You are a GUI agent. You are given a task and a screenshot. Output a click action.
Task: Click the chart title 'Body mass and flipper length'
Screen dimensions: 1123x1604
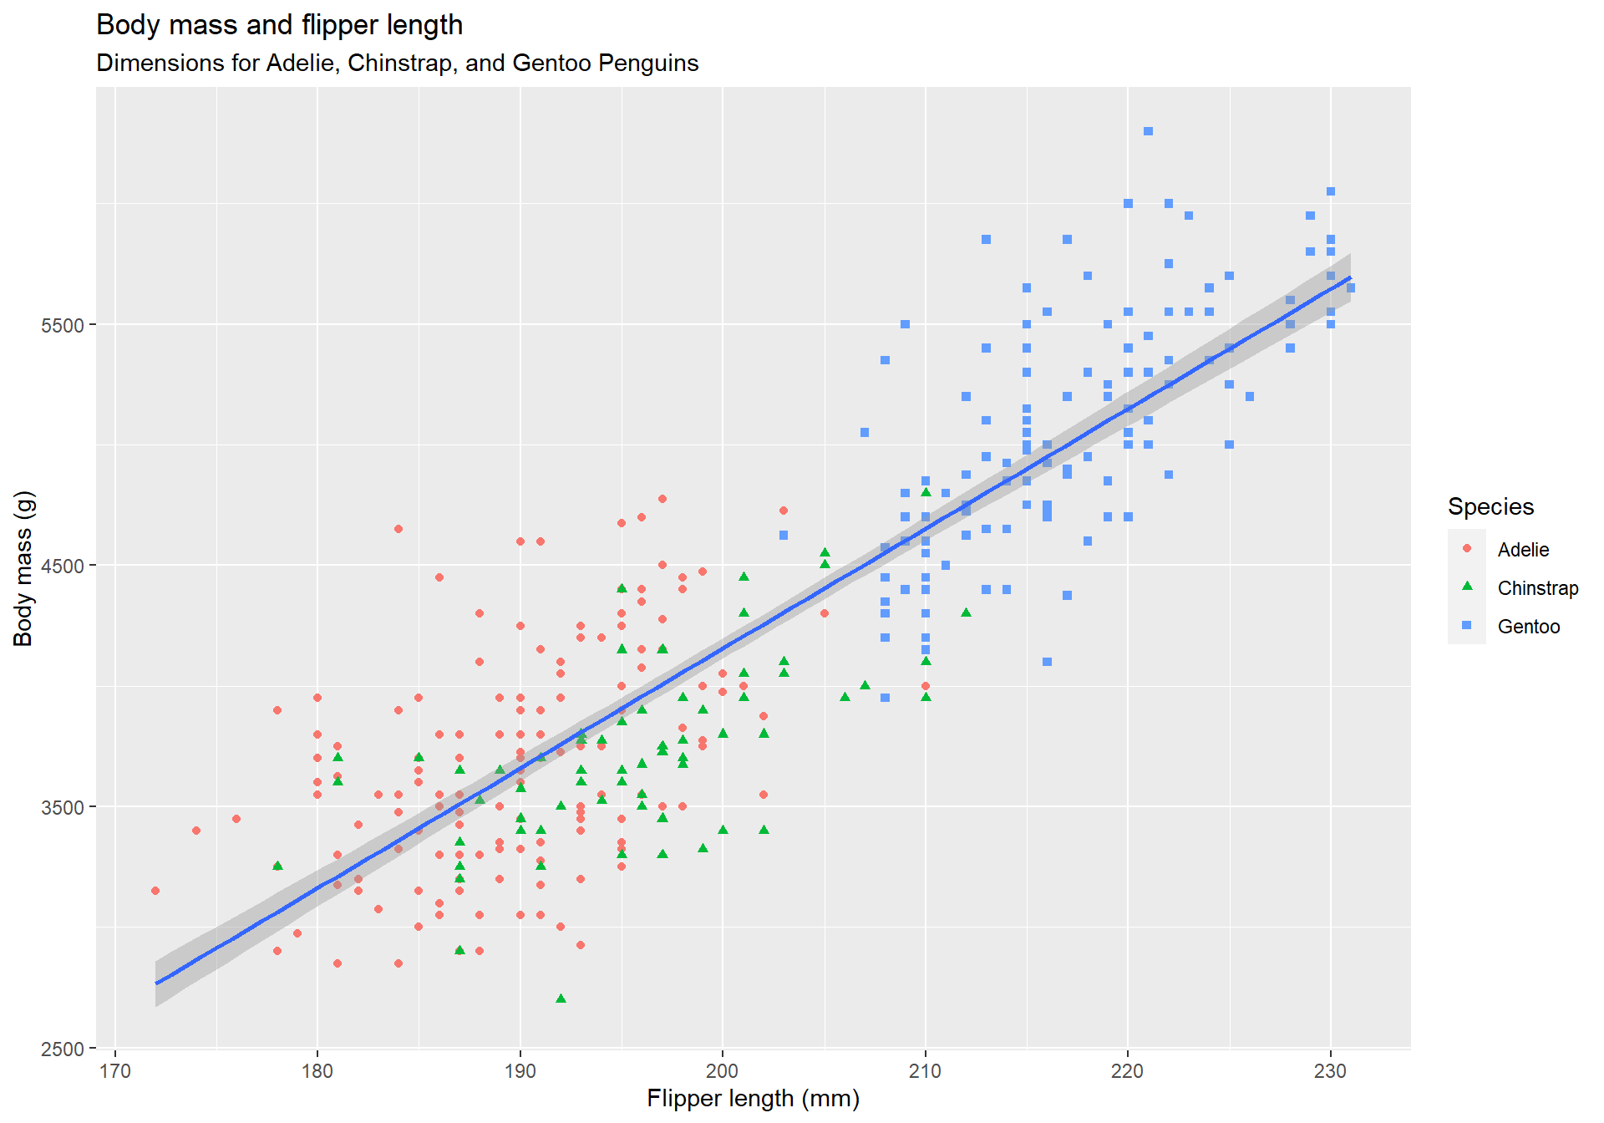279,25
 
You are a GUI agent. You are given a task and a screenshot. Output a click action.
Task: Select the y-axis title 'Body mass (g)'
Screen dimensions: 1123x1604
23,568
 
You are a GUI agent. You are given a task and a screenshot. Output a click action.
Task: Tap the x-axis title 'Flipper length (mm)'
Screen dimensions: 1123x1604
753,1098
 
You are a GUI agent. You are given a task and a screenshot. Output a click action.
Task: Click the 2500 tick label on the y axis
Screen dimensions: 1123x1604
63,1049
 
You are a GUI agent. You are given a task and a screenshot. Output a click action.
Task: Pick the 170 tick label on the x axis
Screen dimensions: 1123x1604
115,1071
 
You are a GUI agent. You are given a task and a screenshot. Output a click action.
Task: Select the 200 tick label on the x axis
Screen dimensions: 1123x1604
723,1071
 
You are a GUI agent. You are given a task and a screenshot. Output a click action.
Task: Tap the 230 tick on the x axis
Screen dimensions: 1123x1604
1330,1071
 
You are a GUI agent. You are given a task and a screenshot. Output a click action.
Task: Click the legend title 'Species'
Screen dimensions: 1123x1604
1490,506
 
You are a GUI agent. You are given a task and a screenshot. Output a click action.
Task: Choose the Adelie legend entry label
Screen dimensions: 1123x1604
1522,550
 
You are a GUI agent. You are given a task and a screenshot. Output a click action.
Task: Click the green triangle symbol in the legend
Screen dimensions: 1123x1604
1467,587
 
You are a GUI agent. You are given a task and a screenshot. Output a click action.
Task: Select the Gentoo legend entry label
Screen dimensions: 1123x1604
1528,627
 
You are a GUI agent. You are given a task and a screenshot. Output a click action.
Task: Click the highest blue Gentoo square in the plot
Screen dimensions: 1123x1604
1148,131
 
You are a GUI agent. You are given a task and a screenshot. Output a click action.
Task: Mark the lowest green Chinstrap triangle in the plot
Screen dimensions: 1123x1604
561,999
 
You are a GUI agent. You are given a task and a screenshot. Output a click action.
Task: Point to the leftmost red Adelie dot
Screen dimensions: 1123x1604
155,891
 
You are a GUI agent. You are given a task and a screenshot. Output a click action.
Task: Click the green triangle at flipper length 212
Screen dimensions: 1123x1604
966,612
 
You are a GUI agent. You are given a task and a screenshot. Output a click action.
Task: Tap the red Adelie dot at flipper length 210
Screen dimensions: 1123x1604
926,686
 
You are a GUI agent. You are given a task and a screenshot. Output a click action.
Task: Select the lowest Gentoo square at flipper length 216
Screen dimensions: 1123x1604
1047,662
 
